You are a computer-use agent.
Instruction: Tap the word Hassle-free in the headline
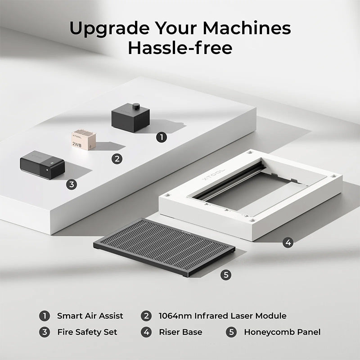[x=180, y=48]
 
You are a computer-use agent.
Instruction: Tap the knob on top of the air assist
[x=135, y=107]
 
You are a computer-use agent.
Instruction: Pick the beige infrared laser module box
[x=84, y=140]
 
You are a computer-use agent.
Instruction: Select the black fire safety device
[x=42, y=165]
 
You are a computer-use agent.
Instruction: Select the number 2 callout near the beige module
[x=117, y=159]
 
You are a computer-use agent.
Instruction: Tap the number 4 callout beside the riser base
[x=288, y=243]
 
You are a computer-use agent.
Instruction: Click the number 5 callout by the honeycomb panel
[x=226, y=274]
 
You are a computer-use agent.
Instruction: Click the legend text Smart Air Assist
[x=90, y=316]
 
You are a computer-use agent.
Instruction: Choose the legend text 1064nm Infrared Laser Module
[x=222, y=316]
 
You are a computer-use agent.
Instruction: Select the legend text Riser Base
[x=180, y=332]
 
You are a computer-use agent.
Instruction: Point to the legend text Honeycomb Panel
[x=282, y=332]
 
